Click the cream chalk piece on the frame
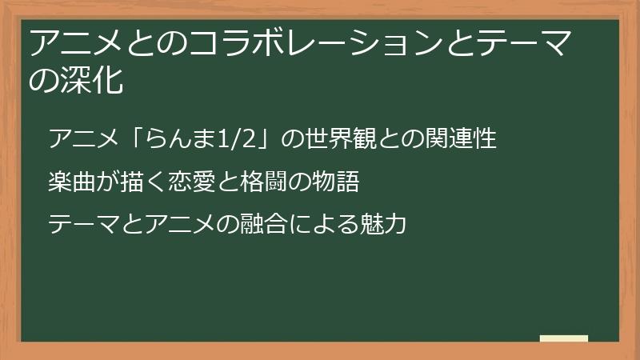pyautogui.click(x=564, y=338)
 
